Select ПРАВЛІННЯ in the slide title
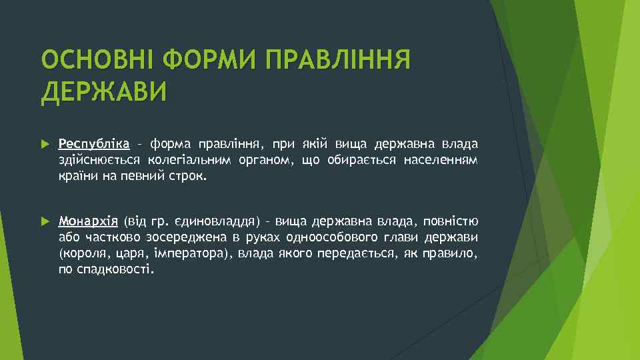[337, 61]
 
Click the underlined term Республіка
[94, 143]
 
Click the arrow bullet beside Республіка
[45, 144]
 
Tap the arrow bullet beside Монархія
[45, 222]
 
